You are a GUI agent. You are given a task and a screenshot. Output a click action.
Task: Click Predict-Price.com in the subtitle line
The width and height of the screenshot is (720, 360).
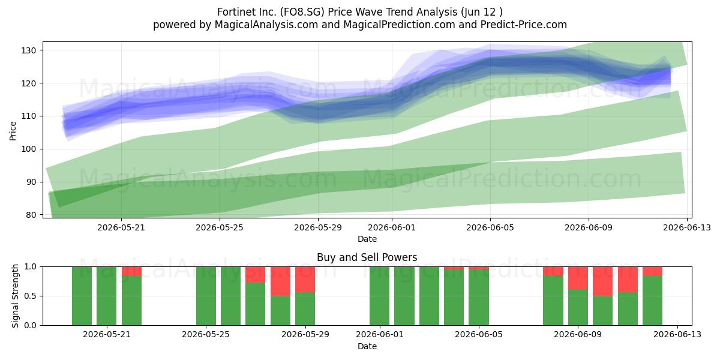coord(524,25)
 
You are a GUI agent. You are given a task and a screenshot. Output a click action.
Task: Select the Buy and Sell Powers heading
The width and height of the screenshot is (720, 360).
coord(367,257)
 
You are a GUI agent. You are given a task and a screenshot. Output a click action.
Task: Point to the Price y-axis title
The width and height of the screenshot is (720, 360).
coord(13,131)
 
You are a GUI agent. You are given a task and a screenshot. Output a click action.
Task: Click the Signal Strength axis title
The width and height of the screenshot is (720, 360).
coord(15,296)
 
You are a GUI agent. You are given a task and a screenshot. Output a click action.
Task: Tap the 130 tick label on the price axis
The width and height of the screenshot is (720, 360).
coord(29,50)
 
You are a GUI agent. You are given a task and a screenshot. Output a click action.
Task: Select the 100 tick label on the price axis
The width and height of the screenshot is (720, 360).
coord(29,149)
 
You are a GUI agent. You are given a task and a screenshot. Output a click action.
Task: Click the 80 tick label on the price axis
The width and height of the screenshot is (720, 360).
coord(31,215)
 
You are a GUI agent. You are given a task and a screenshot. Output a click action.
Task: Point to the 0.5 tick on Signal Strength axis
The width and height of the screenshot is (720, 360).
coord(31,296)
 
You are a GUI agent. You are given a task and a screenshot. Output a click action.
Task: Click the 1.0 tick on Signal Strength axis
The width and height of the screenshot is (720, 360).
coord(31,267)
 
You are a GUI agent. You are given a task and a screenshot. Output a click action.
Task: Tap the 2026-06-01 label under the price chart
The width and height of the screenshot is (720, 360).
coord(391,227)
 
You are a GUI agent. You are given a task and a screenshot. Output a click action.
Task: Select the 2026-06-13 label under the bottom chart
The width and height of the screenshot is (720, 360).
coord(677,335)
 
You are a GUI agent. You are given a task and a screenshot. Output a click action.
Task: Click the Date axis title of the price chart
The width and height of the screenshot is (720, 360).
coord(367,239)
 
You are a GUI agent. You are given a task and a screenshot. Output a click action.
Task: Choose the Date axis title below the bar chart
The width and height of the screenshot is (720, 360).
coord(367,346)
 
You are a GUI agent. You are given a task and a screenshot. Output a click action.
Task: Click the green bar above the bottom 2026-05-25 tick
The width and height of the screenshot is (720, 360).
coord(206,296)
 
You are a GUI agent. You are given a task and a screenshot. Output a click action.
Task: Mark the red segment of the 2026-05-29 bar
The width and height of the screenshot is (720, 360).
coord(305,280)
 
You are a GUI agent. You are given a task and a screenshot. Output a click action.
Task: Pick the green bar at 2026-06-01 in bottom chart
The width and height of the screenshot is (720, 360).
coord(379,296)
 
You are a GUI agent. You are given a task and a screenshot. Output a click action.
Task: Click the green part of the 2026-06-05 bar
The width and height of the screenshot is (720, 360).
coord(479,298)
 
